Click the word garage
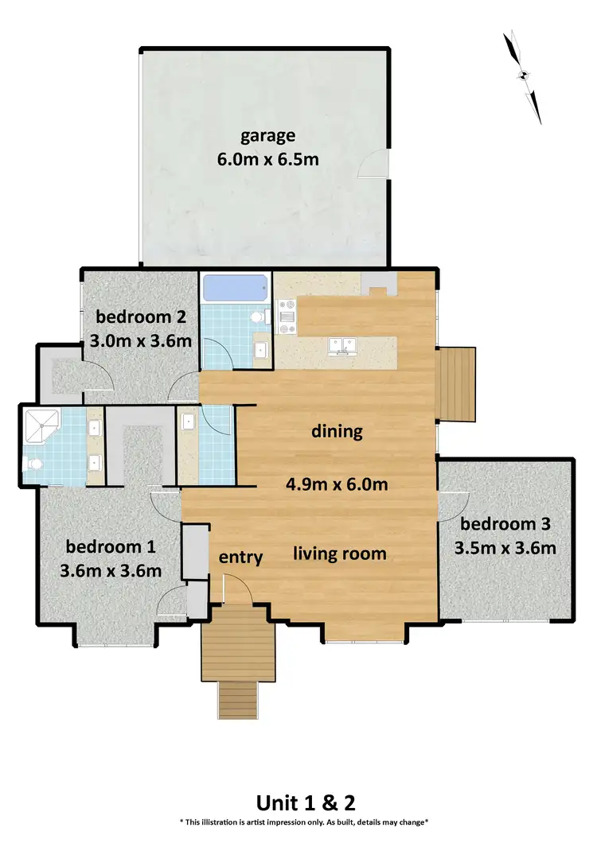tap(268, 135)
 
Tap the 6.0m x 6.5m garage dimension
tap(268, 159)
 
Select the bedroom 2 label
tap(140, 318)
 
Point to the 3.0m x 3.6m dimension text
tap(140, 342)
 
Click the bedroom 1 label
tap(111, 547)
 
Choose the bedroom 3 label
tap(505, 524)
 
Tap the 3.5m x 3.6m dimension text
tap(505, 548)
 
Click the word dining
tap(336, 433)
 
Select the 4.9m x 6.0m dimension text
tap(336, 484)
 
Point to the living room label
tap(340, 553)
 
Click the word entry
tap(240, 557)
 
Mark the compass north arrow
tap(524, 76)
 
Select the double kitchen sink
tap(345, 345)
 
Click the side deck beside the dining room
tap(458, 384)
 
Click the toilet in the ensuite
tap(32, 464)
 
